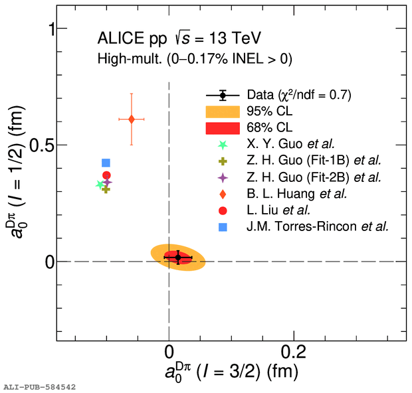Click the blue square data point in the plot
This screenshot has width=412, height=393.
106,163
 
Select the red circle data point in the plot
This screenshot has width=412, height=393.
106,175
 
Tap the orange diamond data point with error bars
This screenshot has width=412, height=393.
132,119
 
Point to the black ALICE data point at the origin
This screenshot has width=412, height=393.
177,257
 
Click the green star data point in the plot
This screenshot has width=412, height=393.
100,185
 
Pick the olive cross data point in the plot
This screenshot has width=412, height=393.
106,189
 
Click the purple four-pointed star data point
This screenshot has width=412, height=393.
106,182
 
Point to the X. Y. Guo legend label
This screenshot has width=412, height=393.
290,143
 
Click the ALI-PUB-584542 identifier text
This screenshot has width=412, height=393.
39,386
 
